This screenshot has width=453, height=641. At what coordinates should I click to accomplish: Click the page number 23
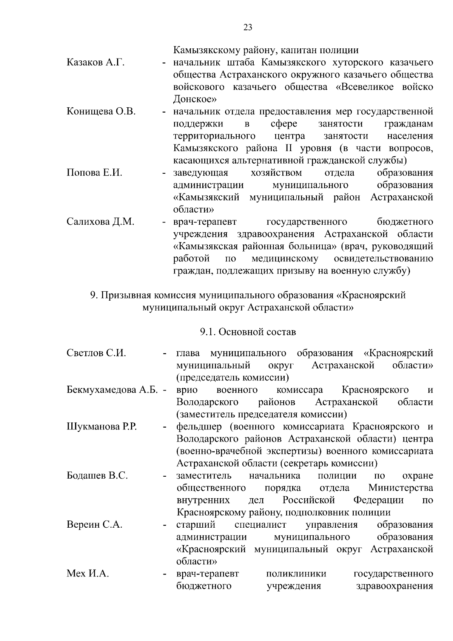point(248,27)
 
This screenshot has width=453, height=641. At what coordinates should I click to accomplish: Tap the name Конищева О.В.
point(101,111)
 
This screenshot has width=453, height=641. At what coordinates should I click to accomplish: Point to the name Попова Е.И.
point(94,173)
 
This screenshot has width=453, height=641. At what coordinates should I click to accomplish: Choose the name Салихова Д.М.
point(100,222)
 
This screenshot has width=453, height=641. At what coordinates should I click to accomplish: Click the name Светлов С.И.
point(96,353)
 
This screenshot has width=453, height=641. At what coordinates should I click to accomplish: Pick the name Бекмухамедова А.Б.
point(112,390)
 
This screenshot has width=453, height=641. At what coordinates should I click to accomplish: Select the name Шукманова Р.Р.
point(102,427)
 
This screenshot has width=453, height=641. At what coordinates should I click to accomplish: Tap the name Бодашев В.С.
point(97,476)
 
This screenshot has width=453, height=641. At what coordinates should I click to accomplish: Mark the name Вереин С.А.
point(94,525)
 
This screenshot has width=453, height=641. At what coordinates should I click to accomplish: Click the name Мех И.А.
point(88,574)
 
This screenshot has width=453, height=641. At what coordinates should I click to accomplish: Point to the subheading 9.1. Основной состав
point(248,332)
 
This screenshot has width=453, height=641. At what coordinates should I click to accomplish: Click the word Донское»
point(195,99)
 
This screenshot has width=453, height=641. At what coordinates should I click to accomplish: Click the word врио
point(187,390)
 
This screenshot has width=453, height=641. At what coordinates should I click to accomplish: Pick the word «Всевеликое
point(365,87)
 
